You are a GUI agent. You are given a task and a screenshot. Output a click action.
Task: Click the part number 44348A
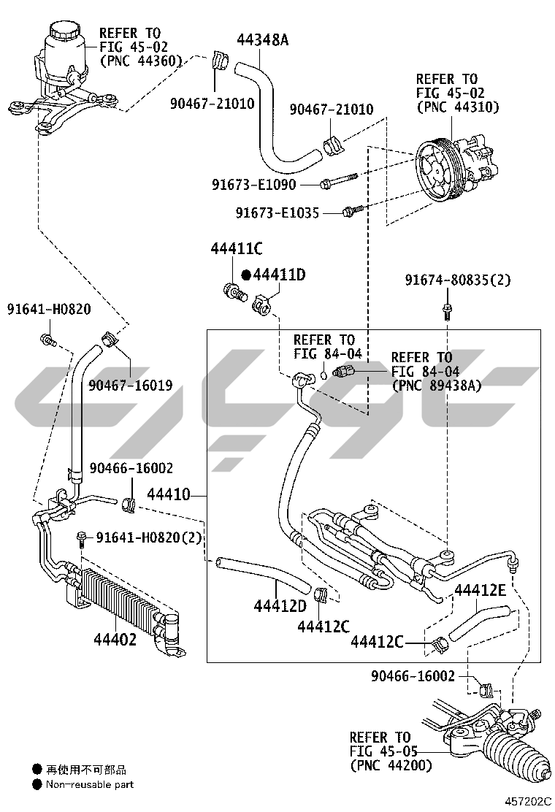pyautogui.click(x=262, y=40)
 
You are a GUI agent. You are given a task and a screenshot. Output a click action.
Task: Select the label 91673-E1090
pyautogui.click(x=253, y=184)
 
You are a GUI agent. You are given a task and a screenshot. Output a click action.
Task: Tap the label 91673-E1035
pyautogui.click(x=277, y=212)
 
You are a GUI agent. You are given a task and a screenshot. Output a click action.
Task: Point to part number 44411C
pyautogui.click(x=237, y=248)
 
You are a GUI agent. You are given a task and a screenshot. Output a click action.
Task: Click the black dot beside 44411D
pyautogui.click(x=246, y=275)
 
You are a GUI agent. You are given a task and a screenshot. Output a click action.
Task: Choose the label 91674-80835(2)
pyautogui.click(x=458, y=280)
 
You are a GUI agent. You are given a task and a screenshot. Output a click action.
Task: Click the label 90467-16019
pyautogui.click(x=131, y=386)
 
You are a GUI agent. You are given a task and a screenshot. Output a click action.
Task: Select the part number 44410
pyautogui.click(x=169, y=494)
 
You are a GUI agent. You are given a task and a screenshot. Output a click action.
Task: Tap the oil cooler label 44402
pyautogui.click(x=115, y=640)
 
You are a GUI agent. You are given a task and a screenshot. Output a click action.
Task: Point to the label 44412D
pyautogui.click(x=280, y=605)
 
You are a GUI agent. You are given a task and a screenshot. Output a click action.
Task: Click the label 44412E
pyautogui.click(x=480, y=590)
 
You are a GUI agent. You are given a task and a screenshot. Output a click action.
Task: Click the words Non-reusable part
pyautogui.click(x=90, y=784)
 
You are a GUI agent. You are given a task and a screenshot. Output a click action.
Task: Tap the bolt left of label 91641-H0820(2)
pyautogui.click(x=81, y=540)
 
